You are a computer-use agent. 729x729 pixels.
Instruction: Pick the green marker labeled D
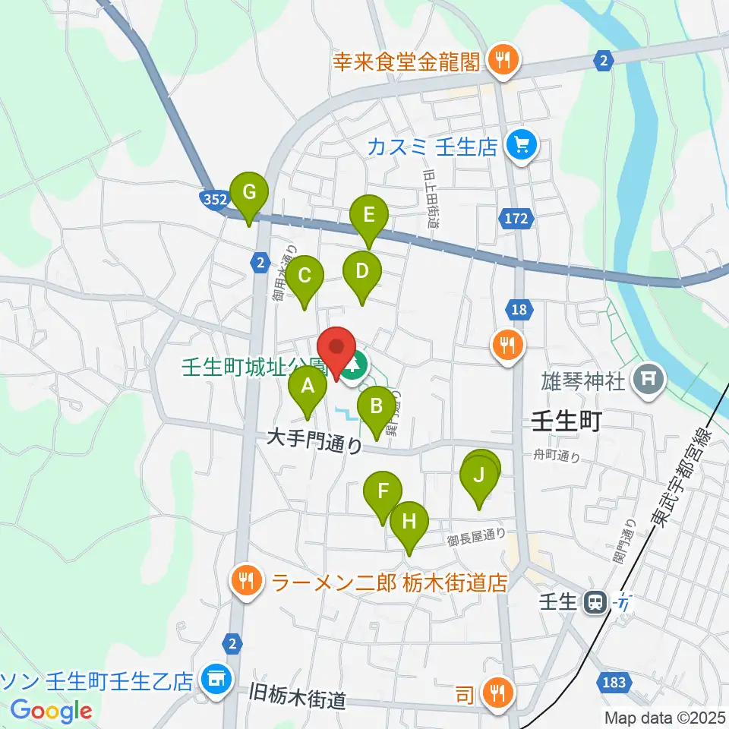(x=362, y=272)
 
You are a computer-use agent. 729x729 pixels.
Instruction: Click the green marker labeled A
(x=308, y=387)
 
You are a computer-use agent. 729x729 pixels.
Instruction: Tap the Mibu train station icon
(x=595, y=604)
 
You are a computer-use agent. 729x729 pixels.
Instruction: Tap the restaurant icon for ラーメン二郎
(x=246, y=582)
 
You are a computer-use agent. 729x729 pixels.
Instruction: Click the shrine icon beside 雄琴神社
(x=649, y=376)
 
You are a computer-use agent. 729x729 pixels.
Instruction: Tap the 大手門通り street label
(x=315, y=440)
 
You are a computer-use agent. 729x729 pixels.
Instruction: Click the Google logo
(x=52, y=712)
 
